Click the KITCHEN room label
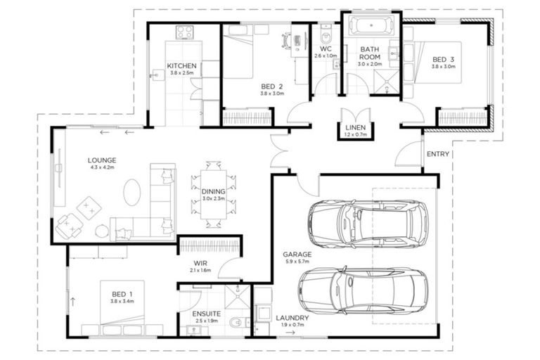181,66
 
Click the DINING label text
214,191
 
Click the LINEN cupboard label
356,127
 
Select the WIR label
200,263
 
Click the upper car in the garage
367,224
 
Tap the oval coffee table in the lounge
133,191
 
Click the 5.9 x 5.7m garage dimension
297,262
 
